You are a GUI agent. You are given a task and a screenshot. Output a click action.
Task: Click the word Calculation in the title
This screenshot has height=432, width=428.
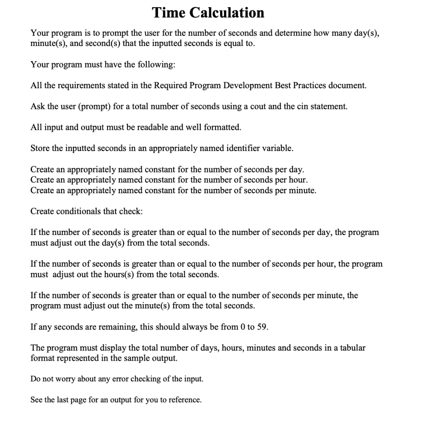(x=226, y=13)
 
